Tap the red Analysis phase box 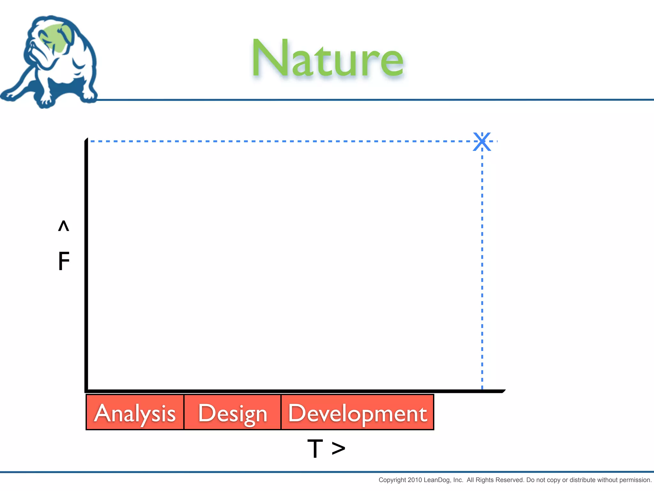point(135,412)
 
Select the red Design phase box point(232,412)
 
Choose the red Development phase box point(357,412)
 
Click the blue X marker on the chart point(482,141)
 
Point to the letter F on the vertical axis point(64,261)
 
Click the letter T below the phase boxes point(315,448)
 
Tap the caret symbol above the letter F point(64,226)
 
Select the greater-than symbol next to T point(338,448)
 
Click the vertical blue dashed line point(482,265)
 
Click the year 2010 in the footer point(415,480)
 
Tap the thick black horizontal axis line point(287,391)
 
